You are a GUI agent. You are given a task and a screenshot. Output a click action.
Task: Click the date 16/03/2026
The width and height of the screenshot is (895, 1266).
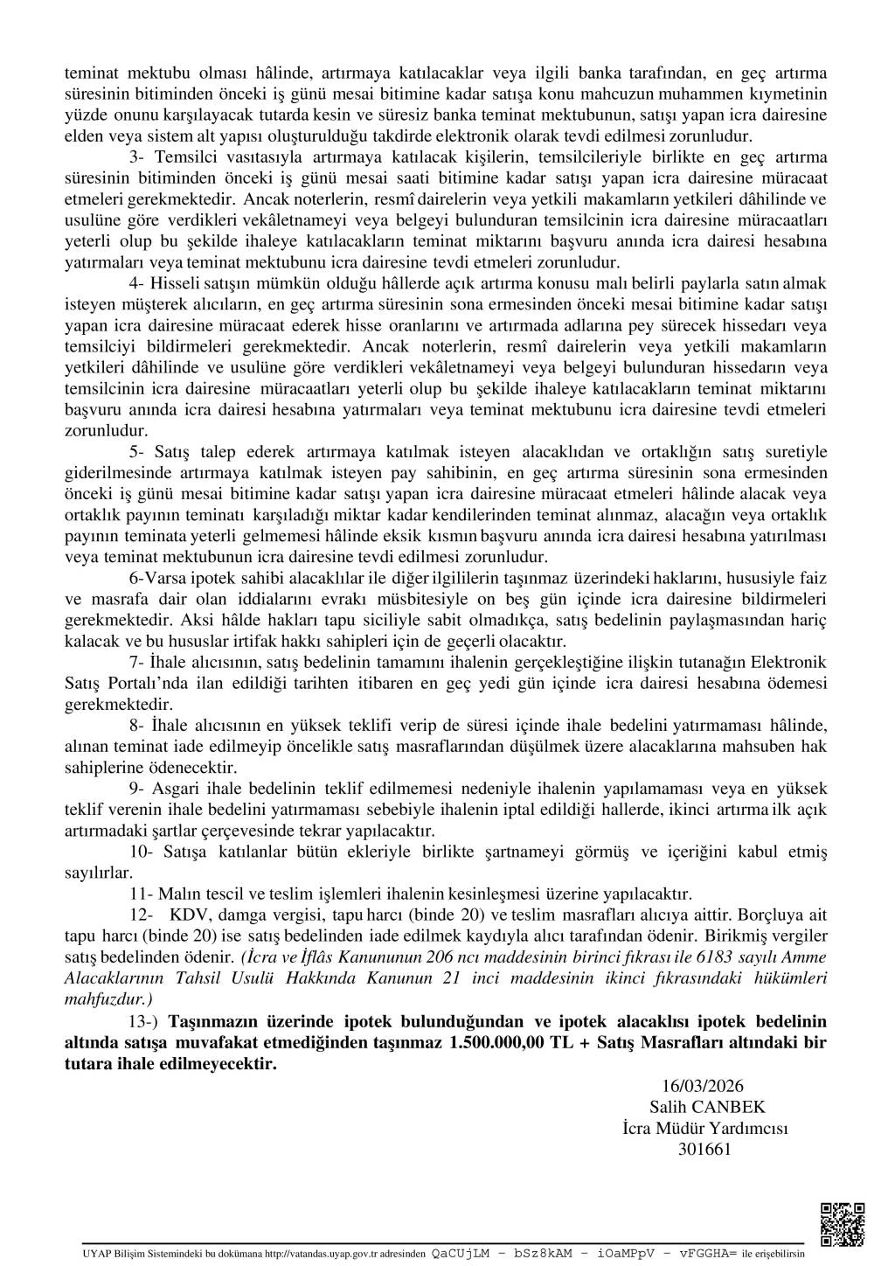pyautogui.click(x=703, y=1086)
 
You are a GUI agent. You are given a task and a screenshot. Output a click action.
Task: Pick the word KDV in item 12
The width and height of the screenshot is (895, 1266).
pyautogui.click(x=186, y=915)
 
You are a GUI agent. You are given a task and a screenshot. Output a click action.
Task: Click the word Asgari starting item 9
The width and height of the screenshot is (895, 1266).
pyautogui.click(x=177, y=789)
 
